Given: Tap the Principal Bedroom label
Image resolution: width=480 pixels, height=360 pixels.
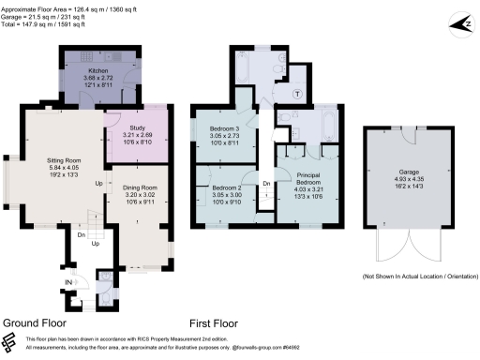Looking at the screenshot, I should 308,179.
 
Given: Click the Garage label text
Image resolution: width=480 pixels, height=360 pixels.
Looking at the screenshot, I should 409,172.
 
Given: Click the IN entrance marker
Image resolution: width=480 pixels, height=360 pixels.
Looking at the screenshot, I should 68,281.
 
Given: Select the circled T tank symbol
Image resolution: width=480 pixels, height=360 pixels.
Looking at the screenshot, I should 297,94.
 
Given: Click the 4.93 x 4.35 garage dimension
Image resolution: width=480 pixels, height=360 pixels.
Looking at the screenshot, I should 409,181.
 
